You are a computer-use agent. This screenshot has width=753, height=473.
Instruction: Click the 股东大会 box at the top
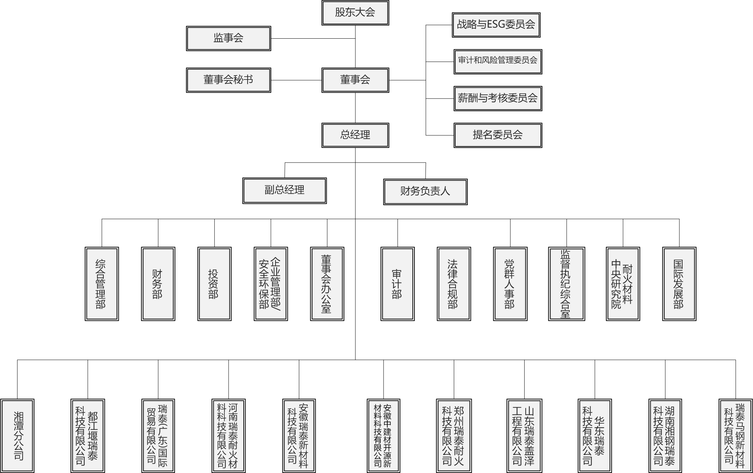point(355,13)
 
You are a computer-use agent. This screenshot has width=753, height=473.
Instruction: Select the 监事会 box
point(228,38)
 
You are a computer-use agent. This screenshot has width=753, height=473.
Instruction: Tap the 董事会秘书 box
point(228,80)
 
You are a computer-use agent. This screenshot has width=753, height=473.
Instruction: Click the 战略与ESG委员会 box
point(496,25)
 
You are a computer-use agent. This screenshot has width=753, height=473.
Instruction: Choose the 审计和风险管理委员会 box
point(498,62)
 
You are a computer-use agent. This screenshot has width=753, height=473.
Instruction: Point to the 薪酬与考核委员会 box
point(498,98)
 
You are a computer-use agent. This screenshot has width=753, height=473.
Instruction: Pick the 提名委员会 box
point(498,135)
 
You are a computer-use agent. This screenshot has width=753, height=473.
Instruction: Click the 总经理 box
point(355,135)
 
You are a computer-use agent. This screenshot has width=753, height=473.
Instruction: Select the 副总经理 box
point(285,190)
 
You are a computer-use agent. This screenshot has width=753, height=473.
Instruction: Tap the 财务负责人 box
point(425,192)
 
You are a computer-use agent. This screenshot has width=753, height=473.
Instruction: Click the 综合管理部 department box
point(102,284)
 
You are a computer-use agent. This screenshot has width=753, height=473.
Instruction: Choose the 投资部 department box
point(214,284)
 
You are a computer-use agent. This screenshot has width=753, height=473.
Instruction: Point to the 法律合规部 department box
point(454,284)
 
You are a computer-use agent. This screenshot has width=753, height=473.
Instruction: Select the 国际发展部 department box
point(679,284)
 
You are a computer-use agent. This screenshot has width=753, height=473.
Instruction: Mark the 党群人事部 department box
point(510,284)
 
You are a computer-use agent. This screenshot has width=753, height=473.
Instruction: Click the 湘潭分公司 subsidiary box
point(17,436)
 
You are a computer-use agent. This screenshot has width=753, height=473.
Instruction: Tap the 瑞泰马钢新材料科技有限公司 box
point(735,436)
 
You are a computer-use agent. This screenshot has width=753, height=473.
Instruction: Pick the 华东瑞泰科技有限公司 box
point(595,436)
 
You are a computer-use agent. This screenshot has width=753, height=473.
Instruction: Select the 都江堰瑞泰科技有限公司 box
point(88,436)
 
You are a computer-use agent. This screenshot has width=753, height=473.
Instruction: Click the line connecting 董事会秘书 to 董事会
point(296,80)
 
